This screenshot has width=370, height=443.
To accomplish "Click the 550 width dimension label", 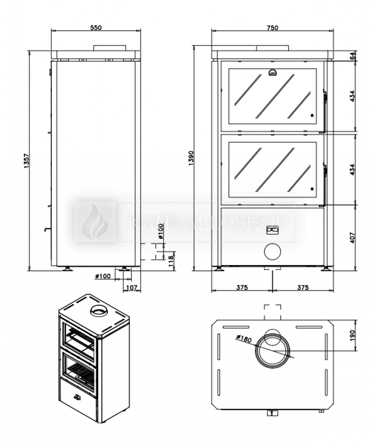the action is [96, 28].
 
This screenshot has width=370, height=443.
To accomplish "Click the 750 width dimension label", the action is [272, 28].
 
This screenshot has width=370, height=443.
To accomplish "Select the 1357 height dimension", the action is [26, 161].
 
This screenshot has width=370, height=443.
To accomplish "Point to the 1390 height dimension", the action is [191, 158].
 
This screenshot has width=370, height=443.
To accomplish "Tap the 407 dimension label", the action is [352, 237].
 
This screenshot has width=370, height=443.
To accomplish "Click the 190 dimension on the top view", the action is [352, 335].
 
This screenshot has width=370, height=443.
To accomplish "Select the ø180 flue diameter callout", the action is [244, 338].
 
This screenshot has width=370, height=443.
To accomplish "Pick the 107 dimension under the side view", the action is [132, 288].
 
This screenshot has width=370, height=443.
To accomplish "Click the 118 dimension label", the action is [171, 261].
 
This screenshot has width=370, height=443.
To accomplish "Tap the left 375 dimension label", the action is [242, 287].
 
